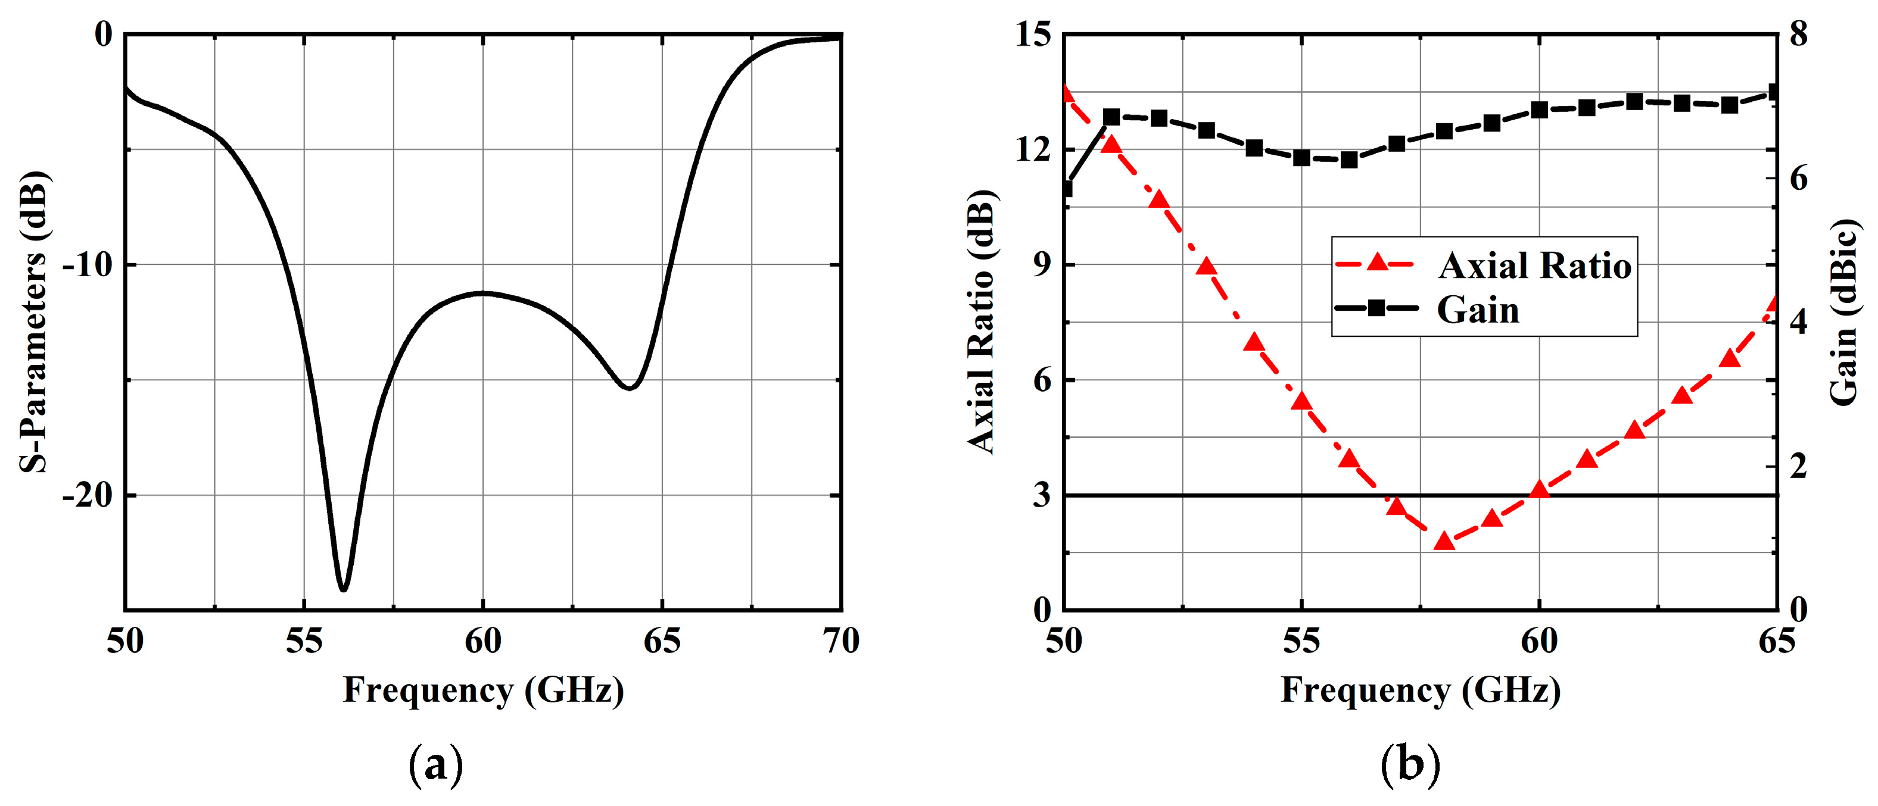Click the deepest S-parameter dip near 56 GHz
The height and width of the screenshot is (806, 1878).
click(x=342, y=588)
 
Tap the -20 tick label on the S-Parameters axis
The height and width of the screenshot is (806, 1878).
click(x=89, y=495)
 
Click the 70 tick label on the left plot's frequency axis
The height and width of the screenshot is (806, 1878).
click(x=841, y=641)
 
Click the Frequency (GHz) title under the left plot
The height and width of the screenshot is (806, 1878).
click(x=484, y=689)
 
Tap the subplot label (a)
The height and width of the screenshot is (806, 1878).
click(x=436, y=764)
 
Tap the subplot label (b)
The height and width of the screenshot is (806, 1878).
click(x=1410, y=764)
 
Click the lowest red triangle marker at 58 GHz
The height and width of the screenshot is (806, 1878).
click(x=1444, y=541)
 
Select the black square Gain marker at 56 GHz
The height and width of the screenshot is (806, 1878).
click(x=1348, y=160)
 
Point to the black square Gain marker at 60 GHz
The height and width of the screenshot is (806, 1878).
click(x=1539, y=110)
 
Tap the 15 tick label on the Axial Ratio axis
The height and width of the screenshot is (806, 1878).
click(x=1033, y=35)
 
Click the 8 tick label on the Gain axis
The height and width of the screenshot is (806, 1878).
click(x=1799, y=35)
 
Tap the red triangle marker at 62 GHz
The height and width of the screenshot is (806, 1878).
click(x=1634, y=430)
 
